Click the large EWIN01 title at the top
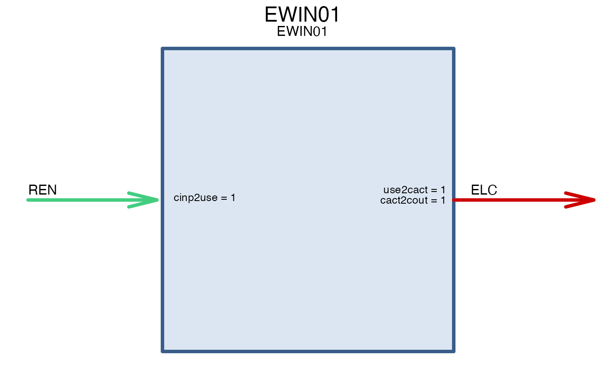(x=302, y=15)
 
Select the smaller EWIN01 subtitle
(x=302, y=31)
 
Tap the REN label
(x=42, y=190)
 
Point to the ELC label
(x=484, y=190)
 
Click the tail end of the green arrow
(x=28, y=200)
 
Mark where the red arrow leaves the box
(x=454, y=200)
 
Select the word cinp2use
(x=195, y=198)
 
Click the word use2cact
(x=406, y=190)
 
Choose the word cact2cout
(x=404, y=200)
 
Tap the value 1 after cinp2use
(x=233, y=198)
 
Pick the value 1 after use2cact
(x=443, y=190)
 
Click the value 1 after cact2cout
(x=443, y=200)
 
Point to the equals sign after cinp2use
(x=224, y=198)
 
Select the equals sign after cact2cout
(x=434, y=201)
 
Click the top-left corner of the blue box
(x=162, y=49)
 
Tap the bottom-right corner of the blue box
(x=454, y=351)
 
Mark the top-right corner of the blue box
(x=454, y=49)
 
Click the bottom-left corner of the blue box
(x=162, y=351)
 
